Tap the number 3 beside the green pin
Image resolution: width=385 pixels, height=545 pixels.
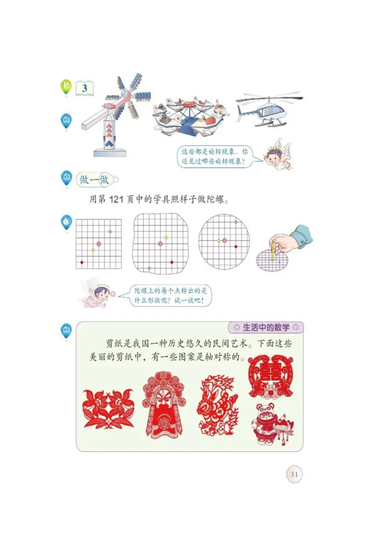(x=85, y=89)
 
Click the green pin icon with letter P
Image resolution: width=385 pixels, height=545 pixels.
(x=66, y=87)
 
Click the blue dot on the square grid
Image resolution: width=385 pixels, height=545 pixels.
(x=110, y=232)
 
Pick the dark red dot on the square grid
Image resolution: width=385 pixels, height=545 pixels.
(x=82, y=262)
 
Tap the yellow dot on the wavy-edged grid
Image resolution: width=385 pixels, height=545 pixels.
(x=166, y=238)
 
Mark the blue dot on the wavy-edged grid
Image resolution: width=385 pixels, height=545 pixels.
(x=149, y=268)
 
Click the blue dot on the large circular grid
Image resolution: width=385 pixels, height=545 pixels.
(x=235, y=222)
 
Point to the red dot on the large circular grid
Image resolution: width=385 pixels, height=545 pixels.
(x=235, y=247)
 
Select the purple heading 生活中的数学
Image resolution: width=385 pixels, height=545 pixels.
(x=266, y=328)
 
